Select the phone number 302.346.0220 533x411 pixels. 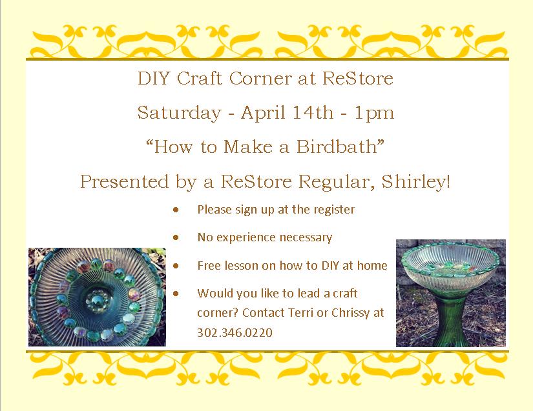tap(235, 332)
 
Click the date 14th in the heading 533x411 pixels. tap(313, 113)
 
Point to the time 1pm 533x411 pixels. tap(374, 114)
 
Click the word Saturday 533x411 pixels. tap(179, 114)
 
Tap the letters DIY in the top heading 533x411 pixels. tap(153, 79)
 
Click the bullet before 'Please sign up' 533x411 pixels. tap(175, 210)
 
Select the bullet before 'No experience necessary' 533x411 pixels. tap(175, 237)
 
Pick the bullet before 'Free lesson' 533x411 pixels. tap(175, 265)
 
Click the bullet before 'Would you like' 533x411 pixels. tap(175, 293)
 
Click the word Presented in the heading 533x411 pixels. tap(125, 181)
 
